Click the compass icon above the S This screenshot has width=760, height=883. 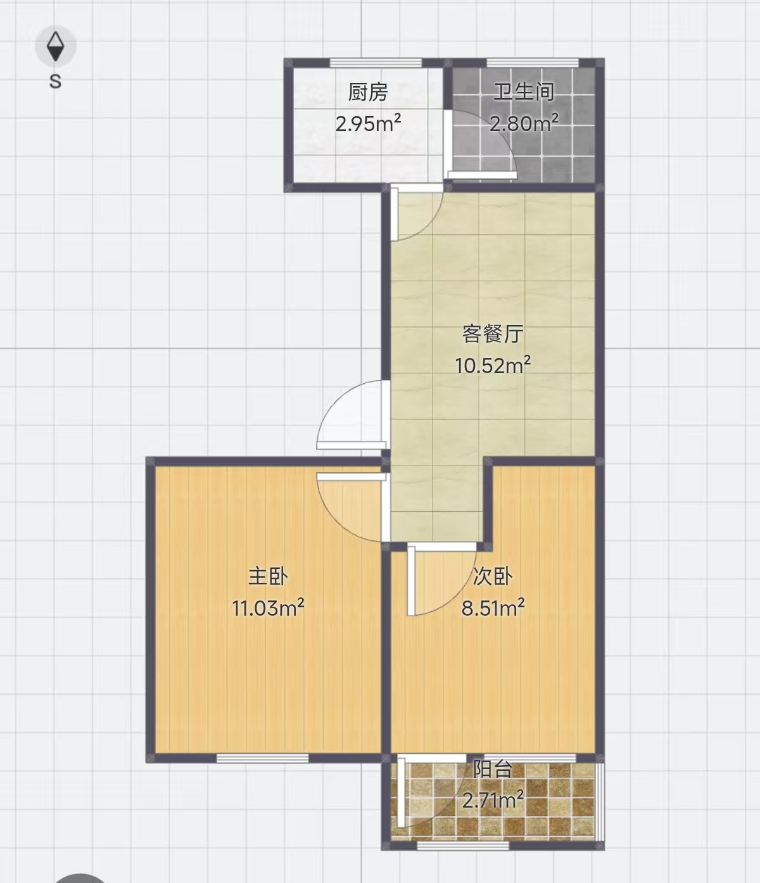pos(56,46)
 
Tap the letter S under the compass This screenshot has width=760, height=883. pos(55,81)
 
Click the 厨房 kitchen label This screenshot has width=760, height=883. pos(368,92)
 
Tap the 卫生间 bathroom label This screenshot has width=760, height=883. pos(524,92)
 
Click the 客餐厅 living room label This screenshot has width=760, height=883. pos(493,334)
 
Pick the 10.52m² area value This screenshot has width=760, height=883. pos(493,365)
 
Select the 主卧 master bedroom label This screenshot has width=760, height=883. pos(268,576)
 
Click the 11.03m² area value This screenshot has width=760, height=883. pos(268,607)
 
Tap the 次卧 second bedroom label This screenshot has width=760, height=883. pos(493,576)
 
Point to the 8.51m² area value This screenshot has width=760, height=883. pos(493,607)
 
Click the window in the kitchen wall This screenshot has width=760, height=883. pos(376,63)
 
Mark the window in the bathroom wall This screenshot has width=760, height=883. pos(532,63)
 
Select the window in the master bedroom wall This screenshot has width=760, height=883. pos(262,758)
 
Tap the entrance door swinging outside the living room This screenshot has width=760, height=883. pos(351,445)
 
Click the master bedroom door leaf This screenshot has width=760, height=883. pos(351,477)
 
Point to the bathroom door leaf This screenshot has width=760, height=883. pos(483,174)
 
